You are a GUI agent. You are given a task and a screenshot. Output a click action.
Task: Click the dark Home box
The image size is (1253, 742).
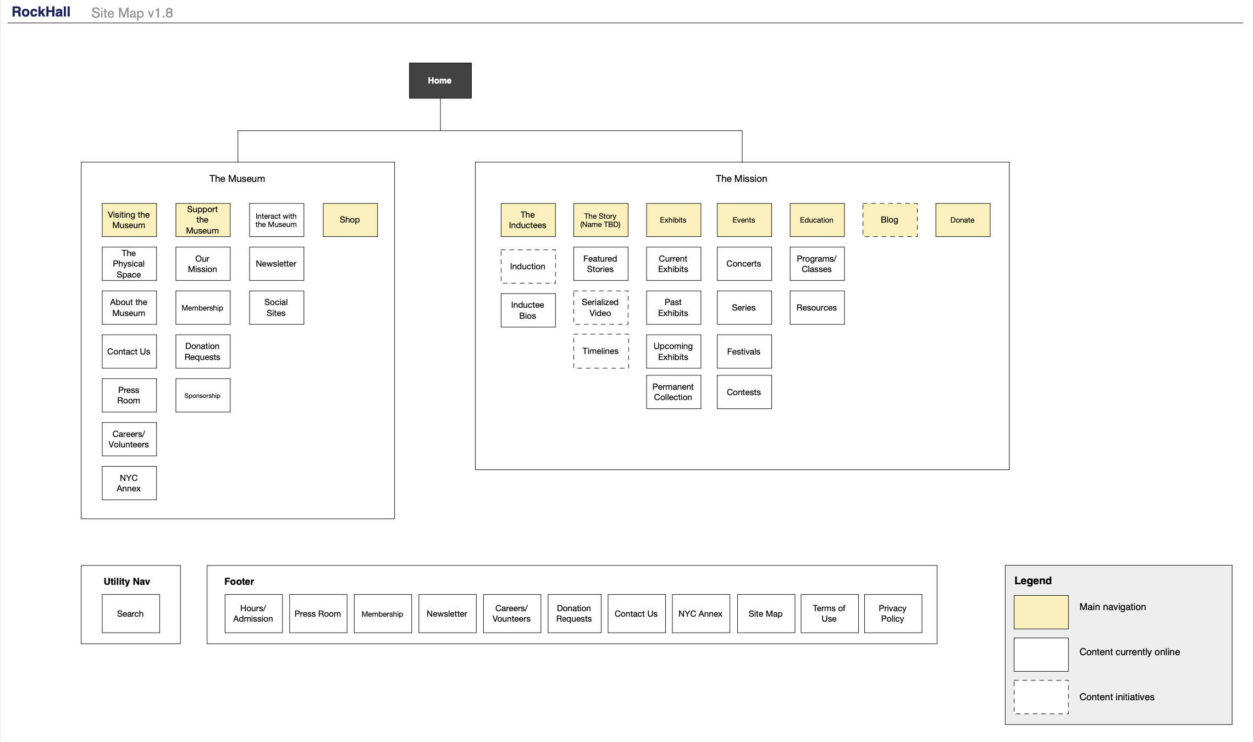[440, 80]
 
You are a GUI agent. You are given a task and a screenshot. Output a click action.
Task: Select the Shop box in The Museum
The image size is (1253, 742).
[350, 220]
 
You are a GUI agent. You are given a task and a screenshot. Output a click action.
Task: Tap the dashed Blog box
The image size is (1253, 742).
[890, 220]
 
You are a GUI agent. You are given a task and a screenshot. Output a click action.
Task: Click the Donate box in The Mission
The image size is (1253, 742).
[962, 220]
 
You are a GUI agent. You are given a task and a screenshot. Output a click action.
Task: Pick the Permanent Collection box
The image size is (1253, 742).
[673, 392]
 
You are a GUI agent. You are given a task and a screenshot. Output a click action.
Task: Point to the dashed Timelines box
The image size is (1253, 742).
[600, 351]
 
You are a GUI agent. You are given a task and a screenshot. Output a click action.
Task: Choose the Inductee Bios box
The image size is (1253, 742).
[527, 311]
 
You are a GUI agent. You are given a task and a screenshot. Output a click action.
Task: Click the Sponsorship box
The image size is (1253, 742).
[202, 396]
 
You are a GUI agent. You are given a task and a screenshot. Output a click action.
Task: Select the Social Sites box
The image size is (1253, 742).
[276, 308]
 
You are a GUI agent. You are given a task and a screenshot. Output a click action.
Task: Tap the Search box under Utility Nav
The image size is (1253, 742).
[130, 613]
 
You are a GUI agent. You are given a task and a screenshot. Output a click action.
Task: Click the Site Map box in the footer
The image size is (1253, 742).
[765, 613]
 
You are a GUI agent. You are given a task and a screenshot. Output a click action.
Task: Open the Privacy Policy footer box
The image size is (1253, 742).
[892, 613]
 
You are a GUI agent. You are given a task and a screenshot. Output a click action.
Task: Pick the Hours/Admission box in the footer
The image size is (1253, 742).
[253, 613]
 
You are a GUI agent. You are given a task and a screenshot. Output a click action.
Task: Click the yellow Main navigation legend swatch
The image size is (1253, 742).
[1041, 612]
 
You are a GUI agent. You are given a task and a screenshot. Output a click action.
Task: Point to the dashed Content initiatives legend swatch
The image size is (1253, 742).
[1041, 697]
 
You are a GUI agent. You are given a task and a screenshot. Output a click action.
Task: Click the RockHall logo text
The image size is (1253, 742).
[41, 12]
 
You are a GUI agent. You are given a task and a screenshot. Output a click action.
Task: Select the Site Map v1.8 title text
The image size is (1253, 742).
[132, 13]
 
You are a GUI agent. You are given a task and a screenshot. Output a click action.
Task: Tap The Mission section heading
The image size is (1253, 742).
[741, 179]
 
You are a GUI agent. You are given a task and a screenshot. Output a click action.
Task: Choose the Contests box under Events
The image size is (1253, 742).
[743, 392]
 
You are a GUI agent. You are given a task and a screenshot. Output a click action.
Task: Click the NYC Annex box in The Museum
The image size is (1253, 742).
[129, 483]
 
